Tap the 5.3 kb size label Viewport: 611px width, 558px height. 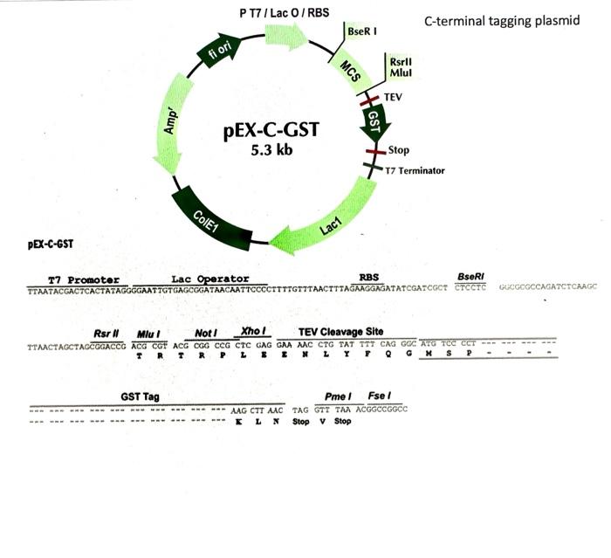[x=271, y=149]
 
